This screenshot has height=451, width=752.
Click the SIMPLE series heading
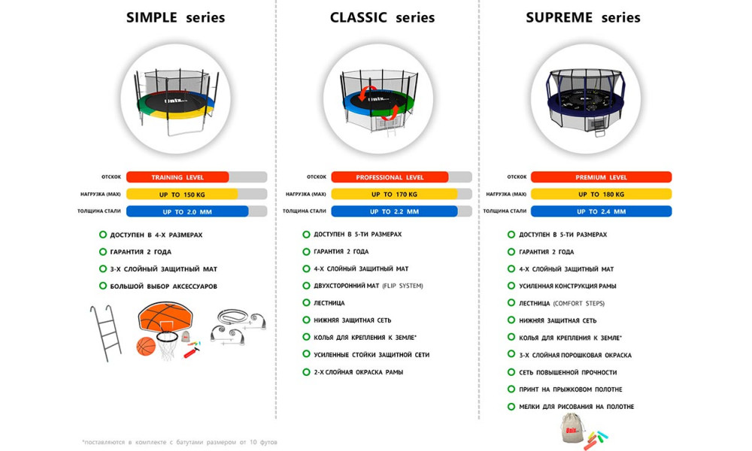(175, 17)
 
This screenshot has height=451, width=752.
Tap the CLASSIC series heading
(382, 17)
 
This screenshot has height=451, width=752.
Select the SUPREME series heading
(583, 17)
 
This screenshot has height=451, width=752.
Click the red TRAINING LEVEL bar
(177, 177)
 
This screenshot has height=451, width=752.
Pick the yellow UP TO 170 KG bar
(394, 194)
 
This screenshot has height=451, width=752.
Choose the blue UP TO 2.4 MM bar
(601, 211)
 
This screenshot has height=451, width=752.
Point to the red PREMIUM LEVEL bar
(601, 177)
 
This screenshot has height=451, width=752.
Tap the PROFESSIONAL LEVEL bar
(390, 177)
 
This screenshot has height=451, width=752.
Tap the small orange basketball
(146, 346)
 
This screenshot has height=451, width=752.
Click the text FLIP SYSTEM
(402, 286)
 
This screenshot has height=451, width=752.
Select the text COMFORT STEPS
(579, 303)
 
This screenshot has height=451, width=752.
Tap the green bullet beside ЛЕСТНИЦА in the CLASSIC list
(306, 303)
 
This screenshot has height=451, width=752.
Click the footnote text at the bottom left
(180, 442)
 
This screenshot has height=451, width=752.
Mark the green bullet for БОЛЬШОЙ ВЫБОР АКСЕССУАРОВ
(102, 286)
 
